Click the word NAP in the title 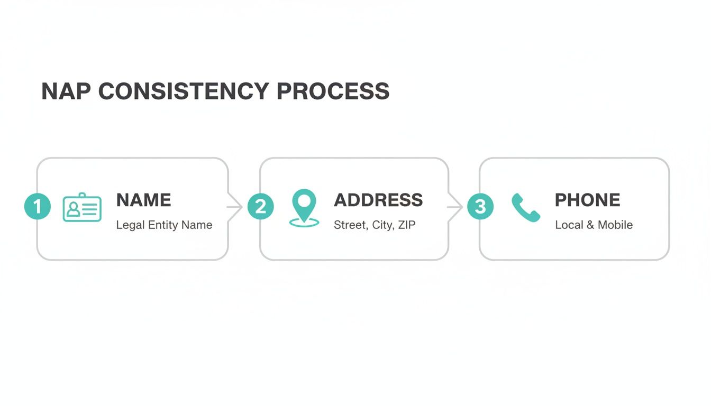[65, 91]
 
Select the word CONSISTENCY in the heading [183, 91]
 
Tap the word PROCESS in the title [333, 91]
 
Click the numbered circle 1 [38, 206]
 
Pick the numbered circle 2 [261, 206]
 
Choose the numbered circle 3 [480, 206]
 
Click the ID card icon [82, 207]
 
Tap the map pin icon [304, 208]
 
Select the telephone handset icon [526, 207]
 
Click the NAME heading [143, 200]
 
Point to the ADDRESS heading [378, 200]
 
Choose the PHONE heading [587, 200]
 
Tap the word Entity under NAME [163, 225]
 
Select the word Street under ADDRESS [350, 225]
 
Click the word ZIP [406, 225]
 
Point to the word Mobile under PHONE [615, 225]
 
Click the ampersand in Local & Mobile [590, 225]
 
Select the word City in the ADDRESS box [381, 225]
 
